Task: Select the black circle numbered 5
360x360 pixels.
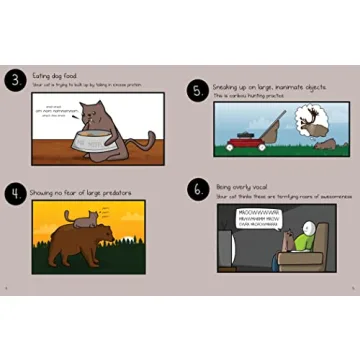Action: tap(197, 91)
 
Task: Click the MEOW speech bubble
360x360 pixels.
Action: tap(263, 219)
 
